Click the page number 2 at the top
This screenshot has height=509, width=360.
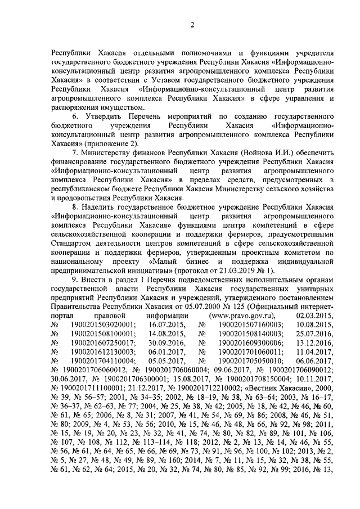click(x=191, y=25)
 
